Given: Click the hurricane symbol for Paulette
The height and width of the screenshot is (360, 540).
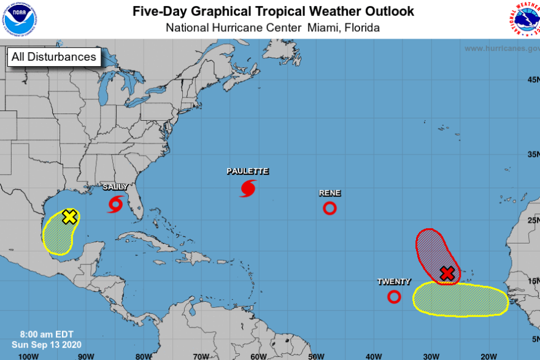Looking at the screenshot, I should click(x=248, y=188).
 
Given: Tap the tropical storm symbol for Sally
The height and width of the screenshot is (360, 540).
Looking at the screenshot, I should click(x=115, y=204).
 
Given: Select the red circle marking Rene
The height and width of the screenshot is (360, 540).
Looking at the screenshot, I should click(x=330, y=208).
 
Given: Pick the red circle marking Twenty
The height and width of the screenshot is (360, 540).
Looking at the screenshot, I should click(x=394, y=297).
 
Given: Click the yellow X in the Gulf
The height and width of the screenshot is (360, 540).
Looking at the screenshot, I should click(x=70, y=216).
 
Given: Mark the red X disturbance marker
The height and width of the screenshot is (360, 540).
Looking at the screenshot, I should click(x=447, y=274).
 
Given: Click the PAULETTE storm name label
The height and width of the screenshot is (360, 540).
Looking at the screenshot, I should click(x=247, y=171).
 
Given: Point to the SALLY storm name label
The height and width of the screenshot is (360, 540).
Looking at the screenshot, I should click(x=115, y=186).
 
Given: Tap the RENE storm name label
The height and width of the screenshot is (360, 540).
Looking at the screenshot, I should click(x=330, y=193).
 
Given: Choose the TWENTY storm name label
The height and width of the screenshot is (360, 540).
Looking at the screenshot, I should click(x=394, y=281).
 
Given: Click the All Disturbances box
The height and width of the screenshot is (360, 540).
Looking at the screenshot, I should click(x=53, y=57).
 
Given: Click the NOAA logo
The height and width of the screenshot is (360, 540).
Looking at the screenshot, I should click(x=19, y=19).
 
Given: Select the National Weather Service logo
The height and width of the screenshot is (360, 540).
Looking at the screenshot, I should click(x=523, y=19).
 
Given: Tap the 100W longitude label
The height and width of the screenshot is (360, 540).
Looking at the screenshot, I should click(x=28, y=356).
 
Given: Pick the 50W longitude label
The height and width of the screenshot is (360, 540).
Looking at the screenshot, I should click(x=316, y=356).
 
